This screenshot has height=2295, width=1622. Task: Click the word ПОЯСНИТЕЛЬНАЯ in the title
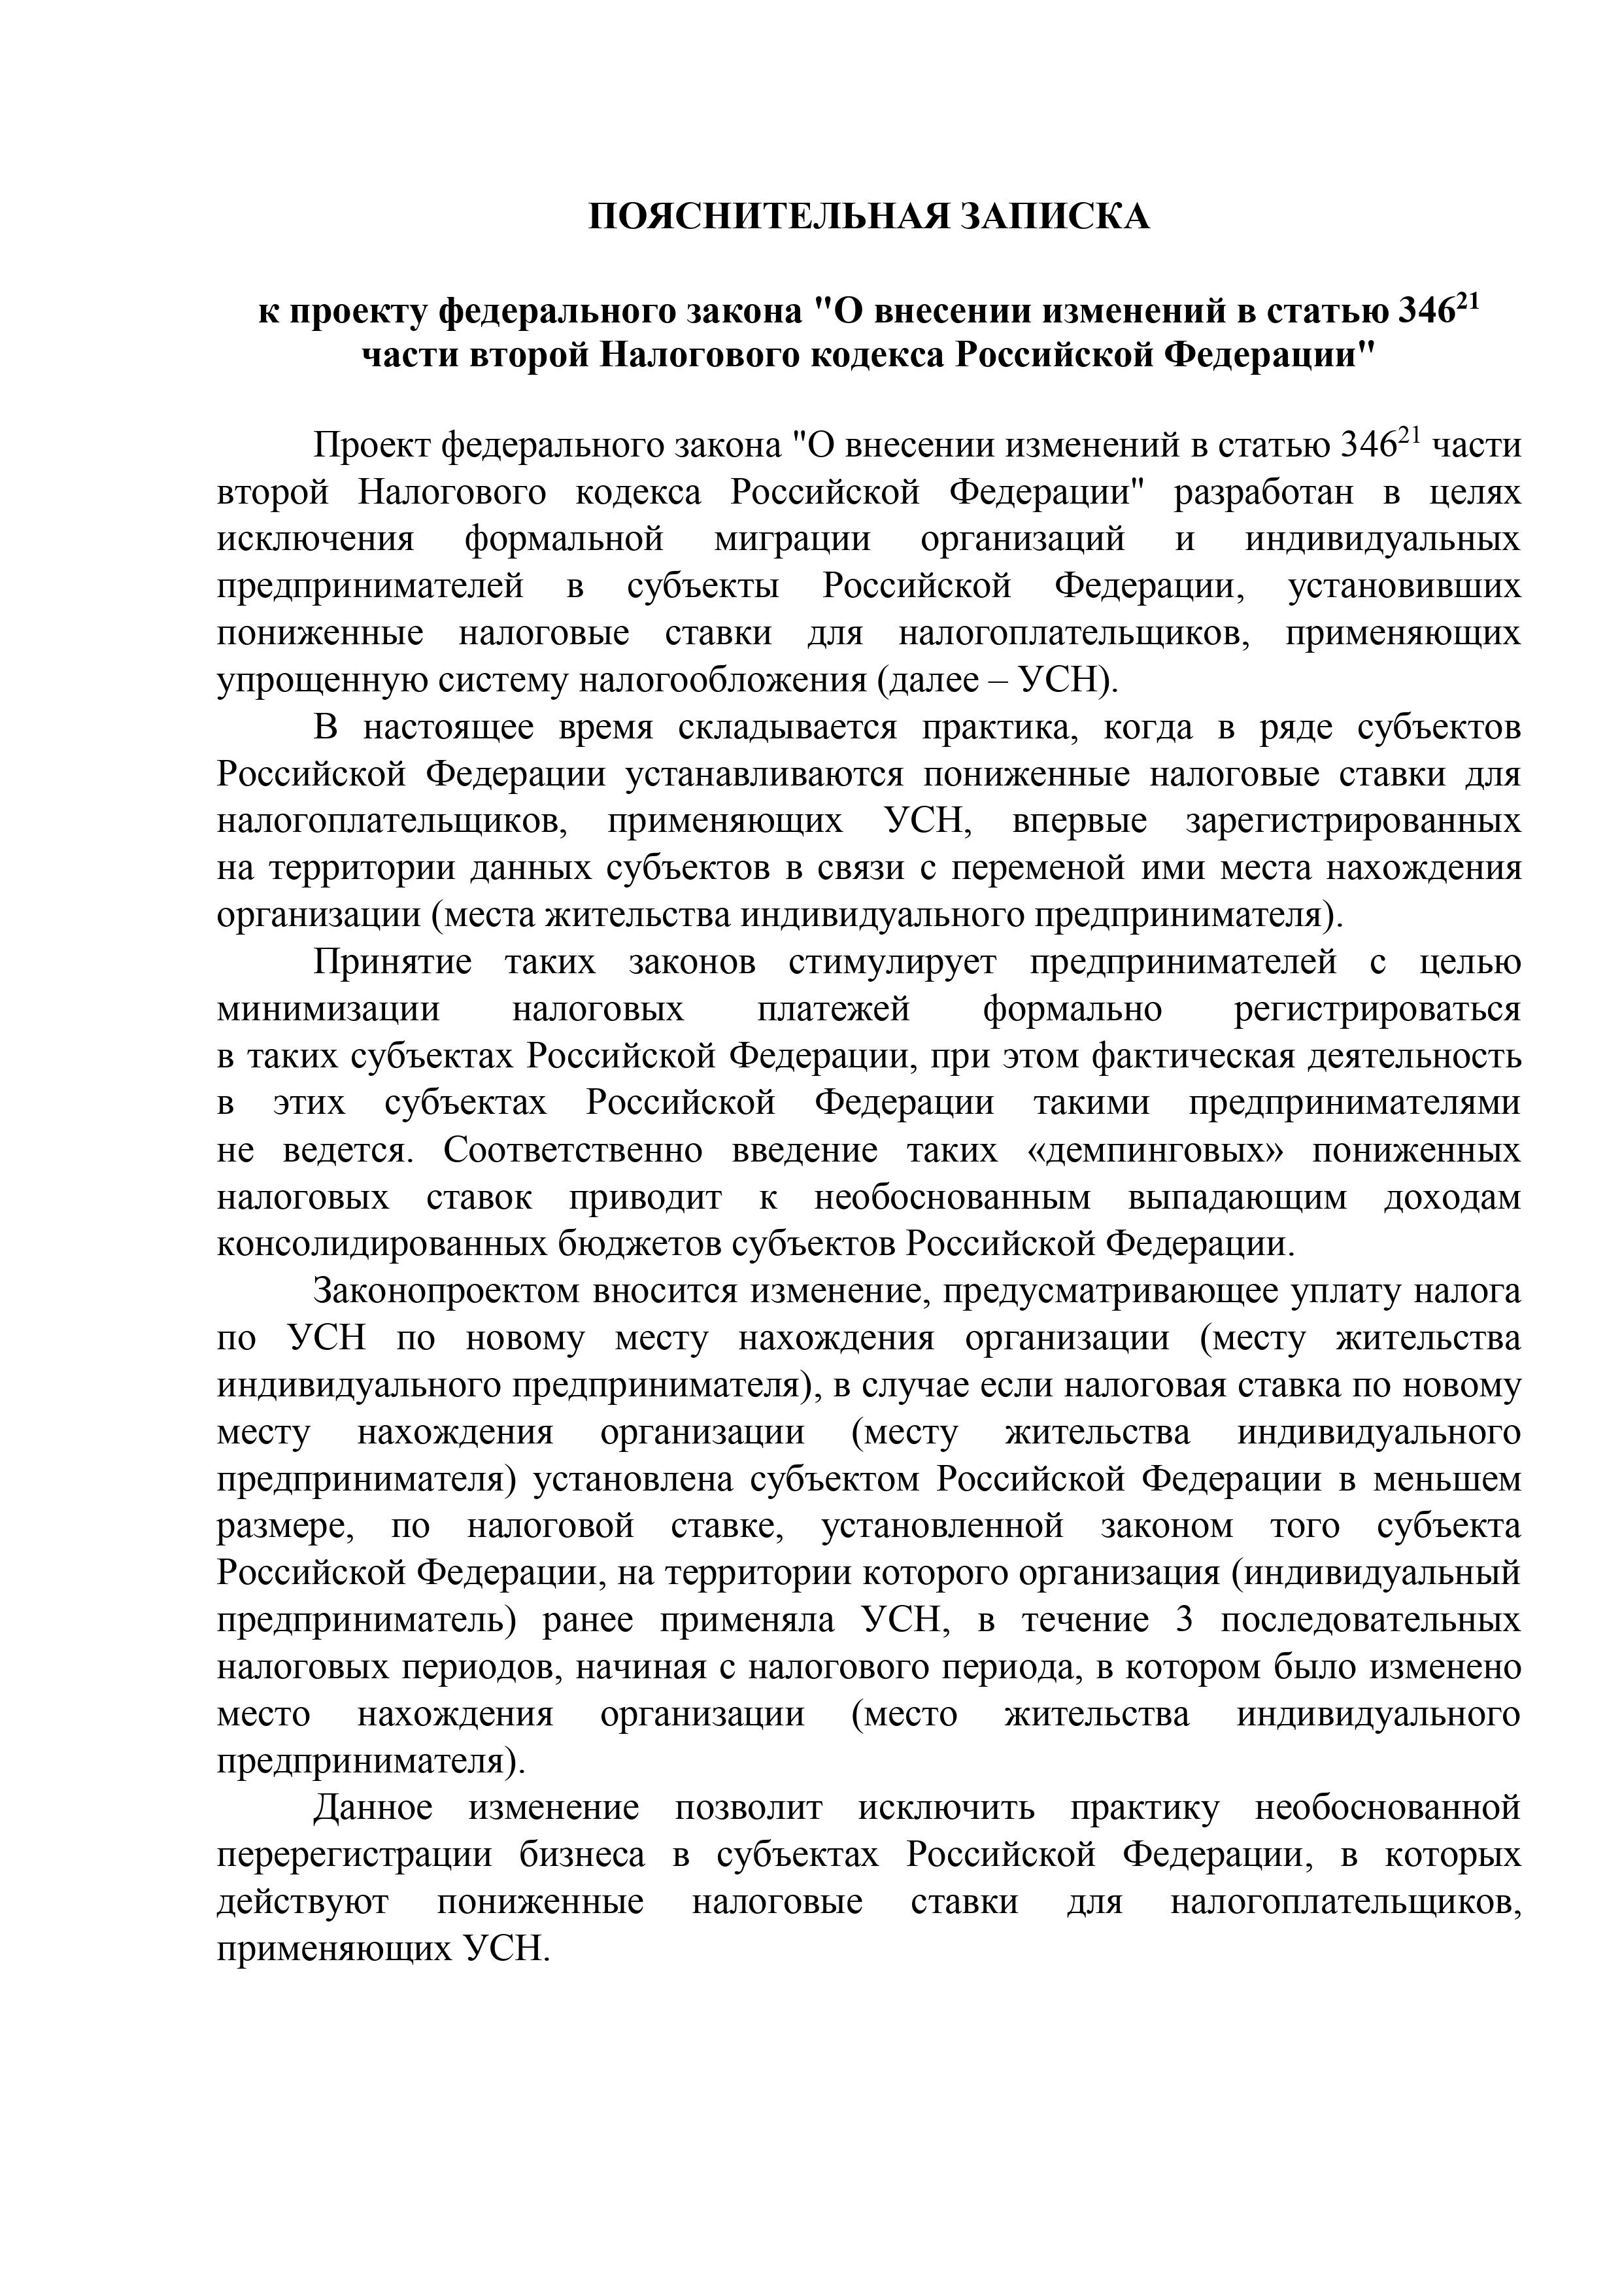point(766,216)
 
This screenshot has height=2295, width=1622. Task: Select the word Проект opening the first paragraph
point(371,445)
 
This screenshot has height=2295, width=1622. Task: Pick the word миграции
point(792,539)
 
